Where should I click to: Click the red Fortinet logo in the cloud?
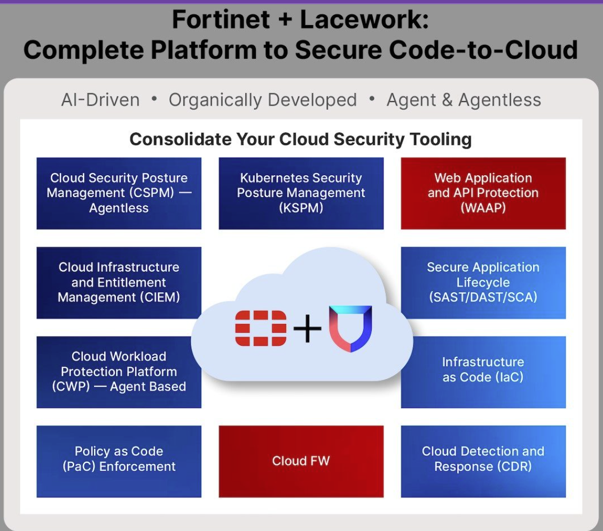(261, 329)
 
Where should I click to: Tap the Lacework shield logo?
(350, 329)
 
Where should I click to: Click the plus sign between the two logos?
(308, 329)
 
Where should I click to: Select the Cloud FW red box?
(301, 461)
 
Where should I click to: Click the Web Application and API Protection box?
(483, 193)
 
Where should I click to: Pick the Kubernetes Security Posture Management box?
(301, 193)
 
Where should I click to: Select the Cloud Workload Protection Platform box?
(119, 372)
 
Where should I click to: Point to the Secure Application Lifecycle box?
(483, 283)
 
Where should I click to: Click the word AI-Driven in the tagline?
(100, 100)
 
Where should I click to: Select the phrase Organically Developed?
(263, 100)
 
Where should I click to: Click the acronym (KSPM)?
(301, 208)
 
